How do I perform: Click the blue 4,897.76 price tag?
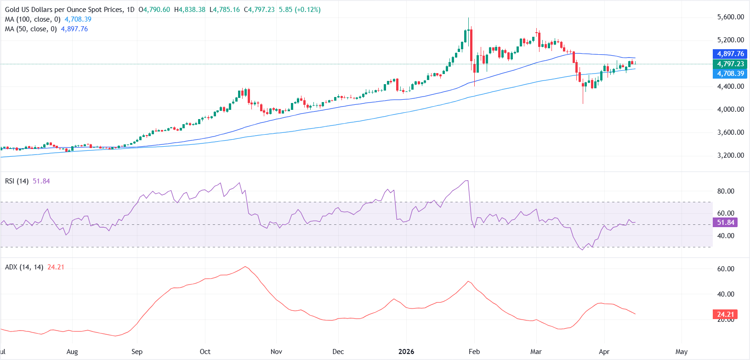pos(730,54)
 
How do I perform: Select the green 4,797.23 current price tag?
pos(730,64)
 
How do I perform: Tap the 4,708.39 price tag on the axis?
pos(730,74)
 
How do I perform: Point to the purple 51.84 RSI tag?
pos(725,223)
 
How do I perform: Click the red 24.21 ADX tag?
pos(725,314)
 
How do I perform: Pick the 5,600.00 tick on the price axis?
pos(730,17)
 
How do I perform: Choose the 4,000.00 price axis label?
pos(730,109)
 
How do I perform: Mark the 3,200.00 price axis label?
pos(730,155)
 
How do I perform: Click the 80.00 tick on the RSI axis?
pos(726,191)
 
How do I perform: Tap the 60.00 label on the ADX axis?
pos(726,269)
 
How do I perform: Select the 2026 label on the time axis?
pos(406,352)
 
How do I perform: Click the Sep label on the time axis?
pos(137,352)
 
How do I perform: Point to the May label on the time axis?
pos(682,352)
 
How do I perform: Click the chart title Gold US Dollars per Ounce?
pos(64,10)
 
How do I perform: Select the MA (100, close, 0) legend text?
pos(33,19)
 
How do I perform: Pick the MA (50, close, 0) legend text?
pos(31,29)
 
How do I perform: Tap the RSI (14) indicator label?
pos(17,181)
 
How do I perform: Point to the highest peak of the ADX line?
pos(245,267)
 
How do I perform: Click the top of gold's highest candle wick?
pos(468,18)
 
